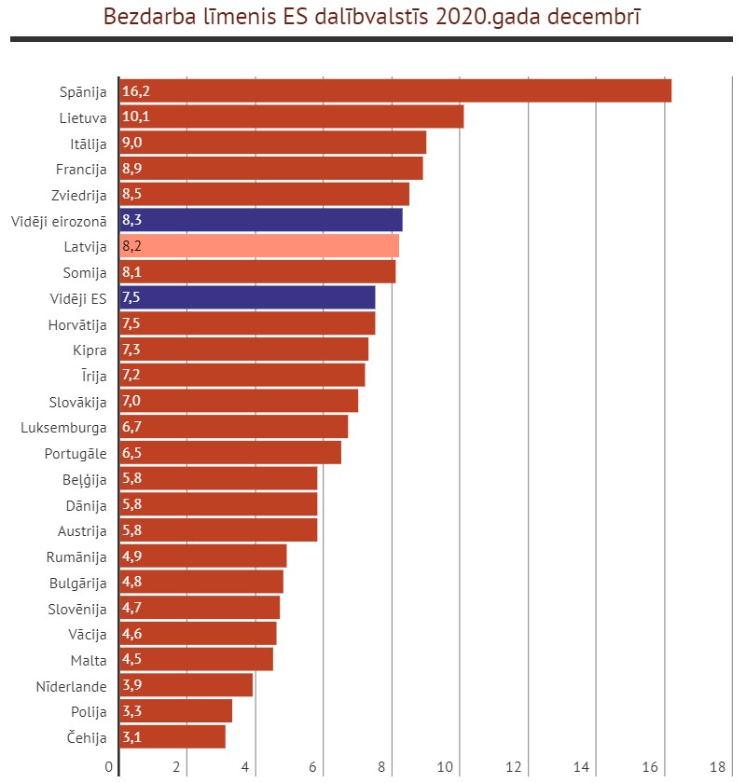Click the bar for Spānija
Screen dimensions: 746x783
[395, 91]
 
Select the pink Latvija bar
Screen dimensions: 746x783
[259, 246]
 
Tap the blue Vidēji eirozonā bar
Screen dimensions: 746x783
[261, 220]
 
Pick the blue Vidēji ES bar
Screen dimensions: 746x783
[247, 297]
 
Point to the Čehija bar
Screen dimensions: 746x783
[173, 736]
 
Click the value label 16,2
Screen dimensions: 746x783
[136, 91]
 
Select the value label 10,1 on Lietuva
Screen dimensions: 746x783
[136, 117]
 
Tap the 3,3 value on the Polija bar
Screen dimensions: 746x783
[131, 710]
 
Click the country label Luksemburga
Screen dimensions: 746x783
[63, 428]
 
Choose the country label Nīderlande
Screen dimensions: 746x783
[72, 687]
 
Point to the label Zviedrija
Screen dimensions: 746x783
[79, 195]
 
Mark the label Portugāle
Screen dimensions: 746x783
[76, 454]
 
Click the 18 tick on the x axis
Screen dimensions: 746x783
[717, 767]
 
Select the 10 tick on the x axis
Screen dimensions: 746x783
[445, 767]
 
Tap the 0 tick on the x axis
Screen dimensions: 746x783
[109, 767]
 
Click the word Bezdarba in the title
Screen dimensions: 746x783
[149, 17]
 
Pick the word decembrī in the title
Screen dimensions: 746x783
[594, 17]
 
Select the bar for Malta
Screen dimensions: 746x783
[197, 659]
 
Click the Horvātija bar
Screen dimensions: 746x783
[247, 323]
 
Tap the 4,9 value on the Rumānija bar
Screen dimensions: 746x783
[131, 556]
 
